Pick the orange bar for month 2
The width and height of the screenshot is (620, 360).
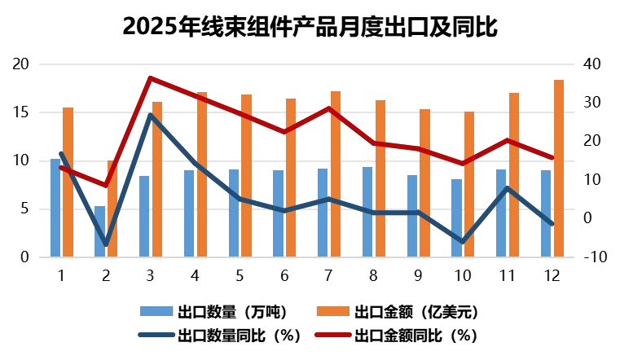click(x=112, y=209)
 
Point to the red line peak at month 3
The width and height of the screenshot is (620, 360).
click(x=151, y=78)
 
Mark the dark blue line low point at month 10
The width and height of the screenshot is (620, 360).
click(x=463, y=242)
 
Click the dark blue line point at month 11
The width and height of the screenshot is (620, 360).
click(x=508, y=188)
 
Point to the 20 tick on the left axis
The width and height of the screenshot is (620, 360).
click(x=20, y=64)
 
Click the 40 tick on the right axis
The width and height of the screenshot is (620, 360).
click(x=592, y=64)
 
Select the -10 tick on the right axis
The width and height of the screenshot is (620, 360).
click(x=592, y=257)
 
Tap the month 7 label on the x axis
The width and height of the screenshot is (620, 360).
click(x=329, y=275)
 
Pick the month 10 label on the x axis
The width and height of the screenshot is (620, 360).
click(x=463, y=275)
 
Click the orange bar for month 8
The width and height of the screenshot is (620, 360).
click(x=380, y=179)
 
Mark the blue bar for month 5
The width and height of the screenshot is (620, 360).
click(x=234, y=213)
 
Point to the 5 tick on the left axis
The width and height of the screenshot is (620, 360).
click(x=24, y=209)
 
